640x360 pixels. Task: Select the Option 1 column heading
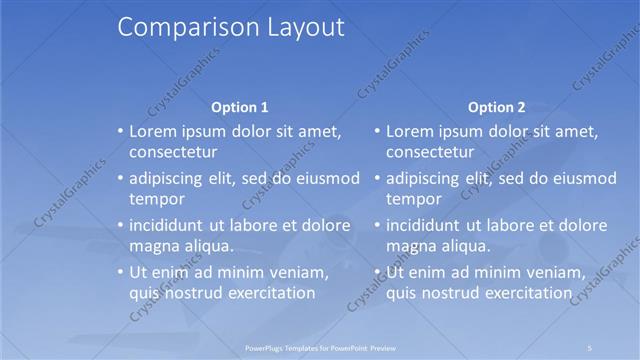[240, 107]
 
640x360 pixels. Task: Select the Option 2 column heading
[497, 107]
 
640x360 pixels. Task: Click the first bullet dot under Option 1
[121, 131]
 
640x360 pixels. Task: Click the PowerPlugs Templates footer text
[320, 348]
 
